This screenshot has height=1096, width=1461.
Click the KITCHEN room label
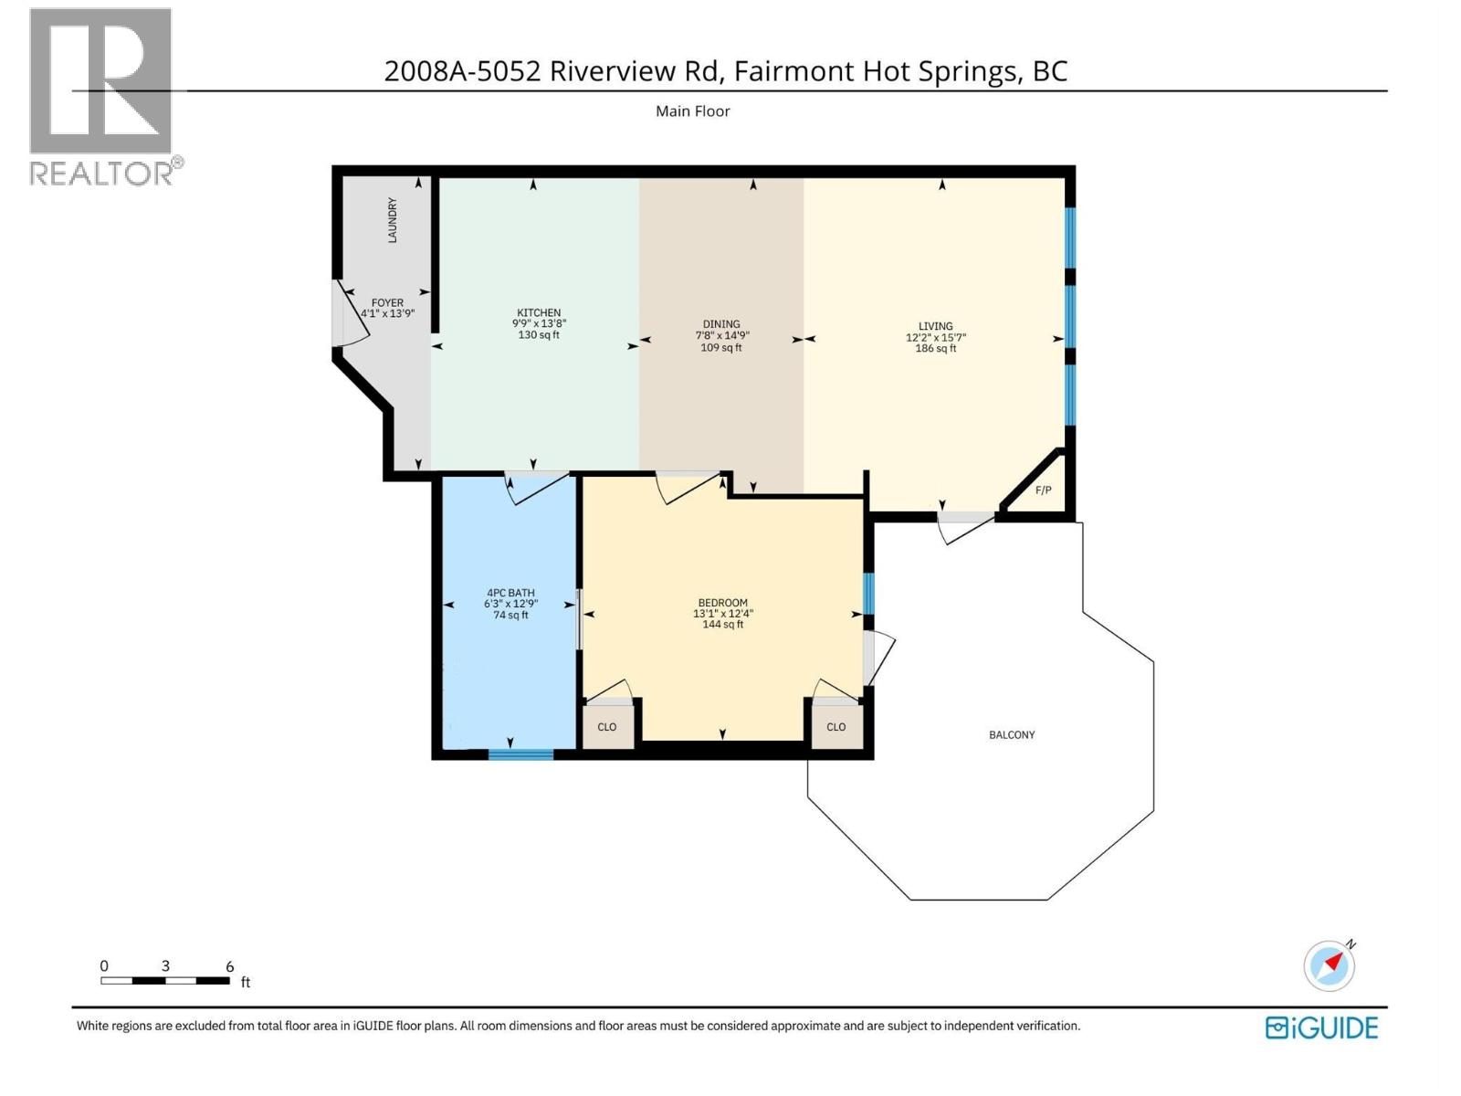539,312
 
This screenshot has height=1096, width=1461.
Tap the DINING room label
721,324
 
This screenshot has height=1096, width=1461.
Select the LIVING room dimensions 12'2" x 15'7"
935,337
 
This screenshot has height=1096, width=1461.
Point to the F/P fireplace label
1043,490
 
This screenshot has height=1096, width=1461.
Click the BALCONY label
1012,734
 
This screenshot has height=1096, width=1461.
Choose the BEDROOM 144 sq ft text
722,625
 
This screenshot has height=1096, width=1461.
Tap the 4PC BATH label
510,593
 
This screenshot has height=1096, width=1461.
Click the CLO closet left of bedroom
607,727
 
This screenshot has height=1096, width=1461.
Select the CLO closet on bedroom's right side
836,727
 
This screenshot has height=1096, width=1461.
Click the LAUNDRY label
393,220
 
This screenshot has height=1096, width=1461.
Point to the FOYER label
387,302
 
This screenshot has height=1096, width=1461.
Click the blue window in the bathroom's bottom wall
520,754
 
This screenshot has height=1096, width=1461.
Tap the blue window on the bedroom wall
868,594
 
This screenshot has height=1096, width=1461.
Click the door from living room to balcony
965,519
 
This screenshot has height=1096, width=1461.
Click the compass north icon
1329,965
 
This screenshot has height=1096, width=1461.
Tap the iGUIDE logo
1321,1027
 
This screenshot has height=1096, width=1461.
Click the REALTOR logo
102,96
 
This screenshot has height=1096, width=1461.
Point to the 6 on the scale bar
230,966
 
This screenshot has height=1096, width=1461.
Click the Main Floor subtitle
692,111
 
